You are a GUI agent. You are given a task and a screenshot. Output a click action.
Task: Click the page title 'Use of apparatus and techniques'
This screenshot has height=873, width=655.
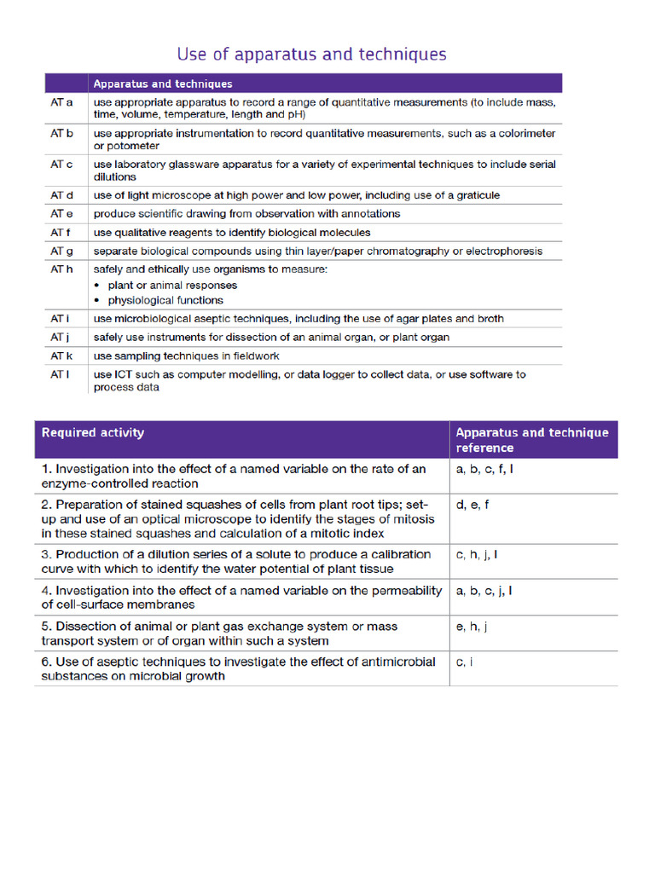point(311,55)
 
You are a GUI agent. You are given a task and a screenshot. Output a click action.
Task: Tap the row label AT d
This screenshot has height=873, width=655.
point(61,196)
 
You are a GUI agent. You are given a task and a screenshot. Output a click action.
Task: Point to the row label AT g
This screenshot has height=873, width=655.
point(61,251)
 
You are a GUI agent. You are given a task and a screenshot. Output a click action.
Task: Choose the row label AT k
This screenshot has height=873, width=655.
point(61,356)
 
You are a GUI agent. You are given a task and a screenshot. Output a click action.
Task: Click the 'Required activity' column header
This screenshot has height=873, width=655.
point(93,432)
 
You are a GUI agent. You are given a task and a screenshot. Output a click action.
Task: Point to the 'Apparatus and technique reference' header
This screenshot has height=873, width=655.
point(531,440)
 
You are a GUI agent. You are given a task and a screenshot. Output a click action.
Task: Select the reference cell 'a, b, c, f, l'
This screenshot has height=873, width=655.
point(484,469)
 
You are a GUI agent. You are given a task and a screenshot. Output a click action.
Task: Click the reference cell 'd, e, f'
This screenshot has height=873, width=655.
point(472,505)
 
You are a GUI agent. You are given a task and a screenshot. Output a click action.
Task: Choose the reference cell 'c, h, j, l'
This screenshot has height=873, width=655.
point(478,555)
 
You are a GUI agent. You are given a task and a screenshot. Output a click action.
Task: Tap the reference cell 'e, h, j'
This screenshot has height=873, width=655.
point(472,627)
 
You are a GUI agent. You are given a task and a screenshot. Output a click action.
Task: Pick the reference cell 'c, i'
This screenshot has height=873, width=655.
point(465,662)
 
